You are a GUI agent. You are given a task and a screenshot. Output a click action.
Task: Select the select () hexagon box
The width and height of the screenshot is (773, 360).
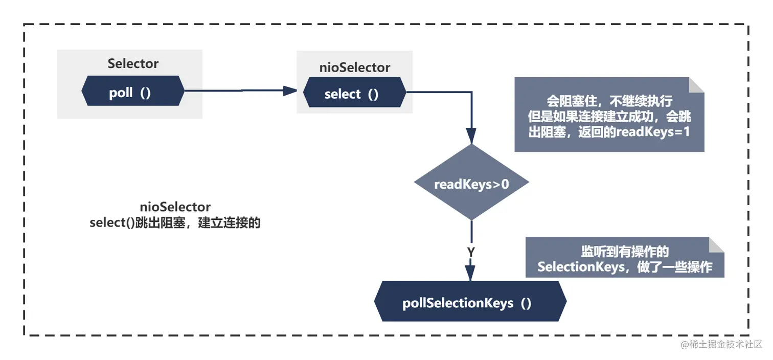coord(354,94)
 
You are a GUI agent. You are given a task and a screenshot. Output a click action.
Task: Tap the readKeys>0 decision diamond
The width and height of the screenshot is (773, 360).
coord(471,183)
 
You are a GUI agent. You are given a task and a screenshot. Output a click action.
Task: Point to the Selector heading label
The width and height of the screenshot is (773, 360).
coord(133,64)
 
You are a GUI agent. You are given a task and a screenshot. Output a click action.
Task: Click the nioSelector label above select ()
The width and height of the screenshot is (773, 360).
coord(355,67)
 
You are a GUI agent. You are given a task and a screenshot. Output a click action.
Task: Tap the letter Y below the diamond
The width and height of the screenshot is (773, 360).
coord(471,252)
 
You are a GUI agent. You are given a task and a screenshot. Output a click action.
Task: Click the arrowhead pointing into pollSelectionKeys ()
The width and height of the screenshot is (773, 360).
coord(470,273)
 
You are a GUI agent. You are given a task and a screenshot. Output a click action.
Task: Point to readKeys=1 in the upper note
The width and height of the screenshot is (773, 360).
coord(653,131)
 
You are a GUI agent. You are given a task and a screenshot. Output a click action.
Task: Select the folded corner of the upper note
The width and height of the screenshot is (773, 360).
coord(696,85)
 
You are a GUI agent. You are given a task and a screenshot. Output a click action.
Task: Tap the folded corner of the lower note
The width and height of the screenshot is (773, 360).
coord(717,244)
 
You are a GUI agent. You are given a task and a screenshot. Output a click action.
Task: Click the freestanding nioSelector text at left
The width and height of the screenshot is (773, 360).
coord(175,207)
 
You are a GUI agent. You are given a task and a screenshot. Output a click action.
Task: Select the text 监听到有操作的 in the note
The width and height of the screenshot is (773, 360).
coord(625,252)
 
